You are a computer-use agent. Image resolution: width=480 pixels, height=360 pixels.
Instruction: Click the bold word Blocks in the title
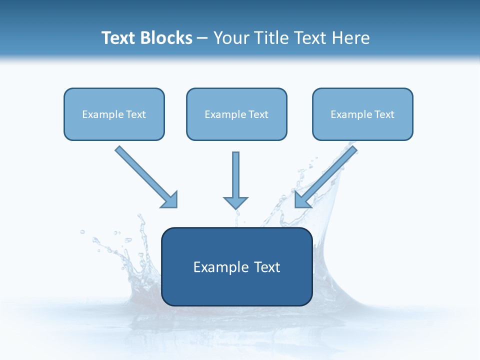point(166,38)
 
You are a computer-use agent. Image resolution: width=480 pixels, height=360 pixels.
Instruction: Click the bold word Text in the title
point(119,38)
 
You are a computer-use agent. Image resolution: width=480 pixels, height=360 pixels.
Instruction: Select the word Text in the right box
point(384,114)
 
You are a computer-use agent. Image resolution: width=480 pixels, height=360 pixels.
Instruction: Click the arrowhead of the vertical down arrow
point(235,202)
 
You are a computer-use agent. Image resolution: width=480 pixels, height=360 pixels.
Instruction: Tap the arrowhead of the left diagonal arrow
point(170,200)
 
